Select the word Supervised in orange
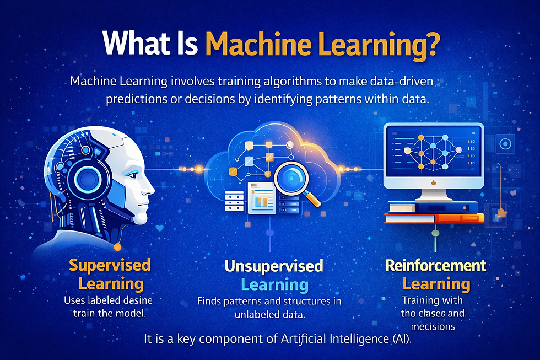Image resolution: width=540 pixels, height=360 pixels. pos(110,265)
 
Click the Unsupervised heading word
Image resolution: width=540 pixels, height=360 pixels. pos(273,266)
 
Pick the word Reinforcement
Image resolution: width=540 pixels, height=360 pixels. pos(436,265)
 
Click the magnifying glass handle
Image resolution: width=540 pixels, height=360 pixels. pos(315,201)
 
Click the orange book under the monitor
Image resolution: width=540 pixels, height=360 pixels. pos(435,218)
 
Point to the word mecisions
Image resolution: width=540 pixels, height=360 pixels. pos(435,326)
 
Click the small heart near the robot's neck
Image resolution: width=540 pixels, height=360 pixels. pos(160,227)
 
